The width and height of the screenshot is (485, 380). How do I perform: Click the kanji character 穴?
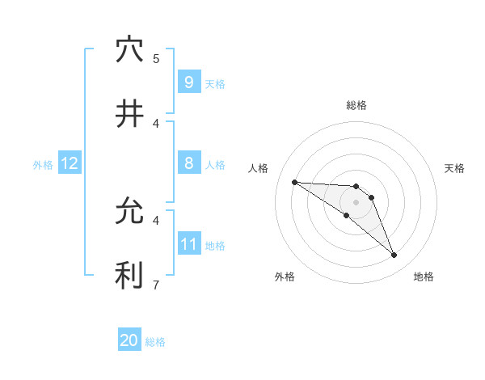click(129, 50)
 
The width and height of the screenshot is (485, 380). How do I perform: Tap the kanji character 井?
click(129, 114)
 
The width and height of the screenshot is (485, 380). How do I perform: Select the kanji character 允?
click(129, 212)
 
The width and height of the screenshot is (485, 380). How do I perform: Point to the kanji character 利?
click(129, 276)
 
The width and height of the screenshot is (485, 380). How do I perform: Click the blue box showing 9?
click(188, 82)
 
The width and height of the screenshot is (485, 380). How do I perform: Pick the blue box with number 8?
click(188, 163)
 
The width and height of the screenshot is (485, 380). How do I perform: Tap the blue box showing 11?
click(188, 243)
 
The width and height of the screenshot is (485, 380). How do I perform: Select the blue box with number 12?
click(69, 163)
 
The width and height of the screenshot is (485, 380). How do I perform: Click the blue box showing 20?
click(129, 340)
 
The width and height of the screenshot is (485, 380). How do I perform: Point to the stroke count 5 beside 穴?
click(156, 58)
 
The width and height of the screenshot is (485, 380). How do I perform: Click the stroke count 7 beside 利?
click(156, 284)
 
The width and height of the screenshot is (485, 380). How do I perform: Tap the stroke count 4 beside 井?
click(156, 123)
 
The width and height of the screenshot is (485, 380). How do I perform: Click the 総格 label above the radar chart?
click(356, 105)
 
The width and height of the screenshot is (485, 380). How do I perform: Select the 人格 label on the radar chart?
click(259, 168)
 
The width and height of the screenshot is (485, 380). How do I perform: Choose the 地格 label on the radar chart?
click(424, 277)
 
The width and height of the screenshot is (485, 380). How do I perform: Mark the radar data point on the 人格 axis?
click(294, 182)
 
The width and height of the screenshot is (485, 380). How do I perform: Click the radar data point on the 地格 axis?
click(394, 255)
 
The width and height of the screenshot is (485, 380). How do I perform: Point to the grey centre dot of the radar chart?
click(356, 201)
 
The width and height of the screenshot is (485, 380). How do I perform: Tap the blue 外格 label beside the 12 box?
click(43, 164)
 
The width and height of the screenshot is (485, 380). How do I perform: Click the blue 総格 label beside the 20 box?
click(155, 342)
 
